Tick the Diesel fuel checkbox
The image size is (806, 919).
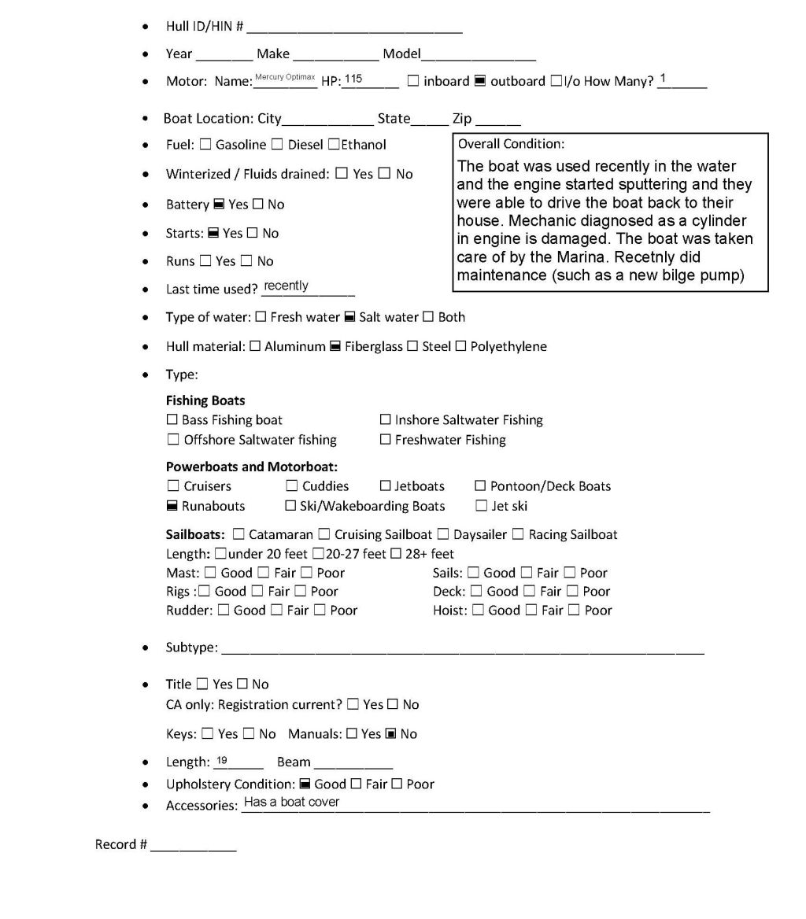[277, 145]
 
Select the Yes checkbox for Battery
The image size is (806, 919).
[219, 205]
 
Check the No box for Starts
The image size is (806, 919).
[253, 234]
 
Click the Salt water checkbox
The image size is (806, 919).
[349, 317]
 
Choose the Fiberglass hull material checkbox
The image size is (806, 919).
[335, 346]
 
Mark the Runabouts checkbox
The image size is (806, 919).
[172, 506]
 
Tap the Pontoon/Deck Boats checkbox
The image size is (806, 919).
[480, 486]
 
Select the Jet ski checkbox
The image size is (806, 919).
[481, 506]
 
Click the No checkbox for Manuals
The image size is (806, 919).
[390, 734]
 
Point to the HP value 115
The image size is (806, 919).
[353, 79]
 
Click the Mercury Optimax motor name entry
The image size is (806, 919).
[285, 77]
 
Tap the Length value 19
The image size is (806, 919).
[222, 760]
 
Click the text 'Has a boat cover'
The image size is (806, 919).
[291, 802]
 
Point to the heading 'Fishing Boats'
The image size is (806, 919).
[205, 400]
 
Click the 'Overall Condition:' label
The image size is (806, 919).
[511, 144]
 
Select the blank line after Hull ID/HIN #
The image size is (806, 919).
[354, 30]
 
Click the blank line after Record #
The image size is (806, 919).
[194, 847]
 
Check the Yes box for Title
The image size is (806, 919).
[202, 685]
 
